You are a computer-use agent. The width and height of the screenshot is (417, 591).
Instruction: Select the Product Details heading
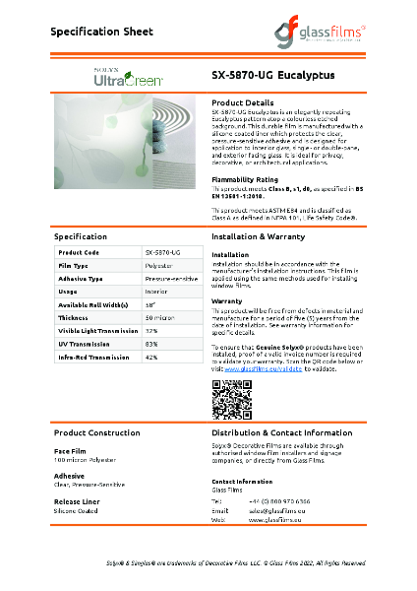click(243, 102)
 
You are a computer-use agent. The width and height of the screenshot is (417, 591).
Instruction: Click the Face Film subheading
click(70, 451)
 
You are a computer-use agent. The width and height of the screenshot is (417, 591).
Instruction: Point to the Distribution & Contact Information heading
click(281, 432)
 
